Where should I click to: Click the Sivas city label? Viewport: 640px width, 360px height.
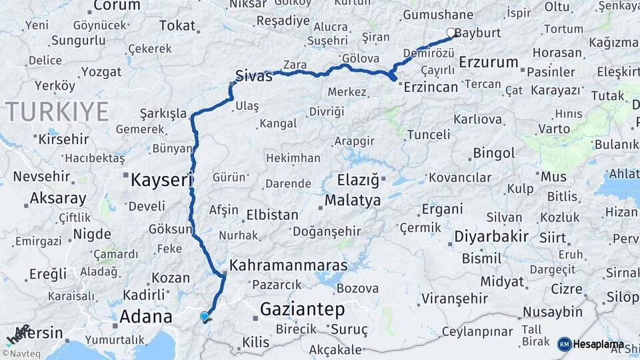tap(254, 76)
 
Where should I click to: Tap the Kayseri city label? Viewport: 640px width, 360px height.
tap(161, 179)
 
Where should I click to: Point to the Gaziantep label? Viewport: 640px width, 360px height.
tap(302, 309)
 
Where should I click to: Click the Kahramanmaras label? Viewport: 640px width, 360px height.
tap(288, 265)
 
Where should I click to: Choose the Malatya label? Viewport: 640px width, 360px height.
tap(353, 200)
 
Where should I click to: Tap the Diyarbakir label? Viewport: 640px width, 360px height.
tap(491, 236)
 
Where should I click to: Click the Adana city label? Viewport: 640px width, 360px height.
tap(145, 316)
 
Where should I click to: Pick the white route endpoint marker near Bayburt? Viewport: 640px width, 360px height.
tap(451, 32)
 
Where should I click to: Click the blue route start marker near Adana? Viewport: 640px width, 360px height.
tap(204, 317)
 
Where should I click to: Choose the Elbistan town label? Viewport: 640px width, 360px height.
tap(272, 215)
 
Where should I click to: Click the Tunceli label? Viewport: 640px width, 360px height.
tap(427, 134)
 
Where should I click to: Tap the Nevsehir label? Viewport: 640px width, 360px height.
tap(42, 177)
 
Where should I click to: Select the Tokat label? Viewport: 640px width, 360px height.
tap(177, 26)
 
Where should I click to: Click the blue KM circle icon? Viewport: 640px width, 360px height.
tap(565, 344)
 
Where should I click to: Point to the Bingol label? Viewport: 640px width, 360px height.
tap(494, 153)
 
